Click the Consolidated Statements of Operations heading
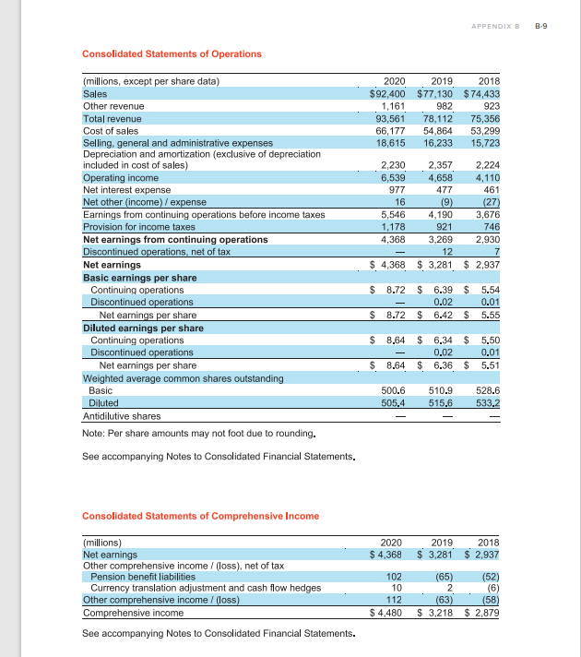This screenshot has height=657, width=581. click(x=172, y=54)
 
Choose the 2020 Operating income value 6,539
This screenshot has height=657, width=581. click(x=394, y=177)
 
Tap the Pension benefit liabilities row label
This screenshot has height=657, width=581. click(x=143, y=576)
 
